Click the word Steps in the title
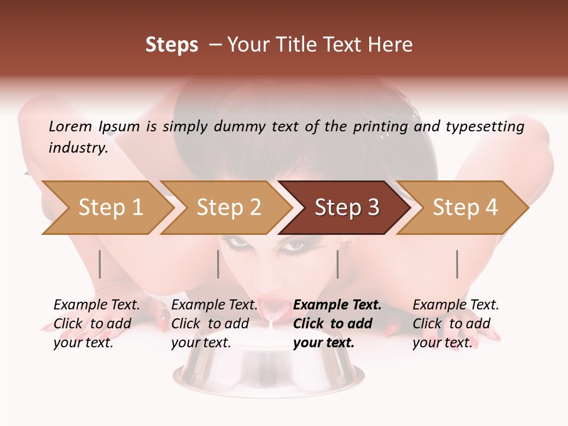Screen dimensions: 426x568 172,45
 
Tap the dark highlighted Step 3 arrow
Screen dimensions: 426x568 347,208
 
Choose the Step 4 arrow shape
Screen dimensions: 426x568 465,208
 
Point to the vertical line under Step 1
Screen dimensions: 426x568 100,264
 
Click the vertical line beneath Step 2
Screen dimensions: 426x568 218,264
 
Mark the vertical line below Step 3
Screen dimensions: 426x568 338,264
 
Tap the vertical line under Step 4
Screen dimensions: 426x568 457,264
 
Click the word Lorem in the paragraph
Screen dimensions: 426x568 70,127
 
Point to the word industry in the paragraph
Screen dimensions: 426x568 78,148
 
